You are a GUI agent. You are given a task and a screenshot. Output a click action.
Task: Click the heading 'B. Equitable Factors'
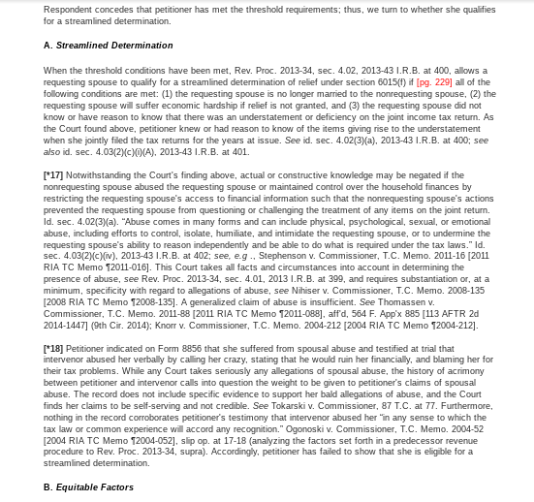coord(88,486)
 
